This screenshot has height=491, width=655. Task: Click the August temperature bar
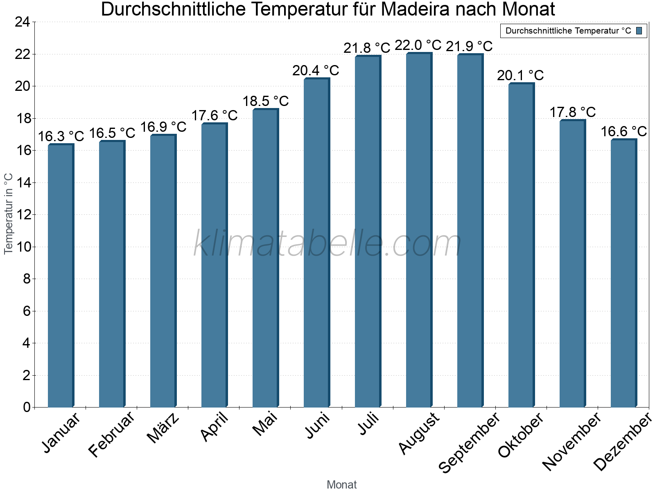pyautogui.click(x=419, y=230)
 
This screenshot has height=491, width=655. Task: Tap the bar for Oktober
pyautogui.click(x=521, y=245)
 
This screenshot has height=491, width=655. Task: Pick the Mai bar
pyautogui.click(x=265, y=258)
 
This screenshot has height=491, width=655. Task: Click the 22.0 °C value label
pyautogui.click(x=418, y=45)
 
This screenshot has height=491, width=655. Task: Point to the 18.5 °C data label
pyautogui.click(x=266, y=101)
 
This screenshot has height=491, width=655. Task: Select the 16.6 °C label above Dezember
pyautogui.click(x=623, y=132)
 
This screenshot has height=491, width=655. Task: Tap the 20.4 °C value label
pyautogui.click(x=316, y=71)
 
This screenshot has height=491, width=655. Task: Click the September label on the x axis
pyautogui.click(x=469, y=442)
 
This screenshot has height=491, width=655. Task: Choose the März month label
pyautogui.click(x=163, y=428)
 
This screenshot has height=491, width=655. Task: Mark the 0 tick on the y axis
pyautogui.click(x=27, y=407)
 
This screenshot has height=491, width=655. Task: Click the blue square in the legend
pyautogui.click(x=639, y=31)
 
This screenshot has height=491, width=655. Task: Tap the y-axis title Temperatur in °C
pyautogui.click(x=8, y=214)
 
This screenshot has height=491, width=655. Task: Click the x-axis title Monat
pyautogui.click(x=342, y=485)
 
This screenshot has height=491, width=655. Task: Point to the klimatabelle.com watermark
pyautogui.click(x=327, y=243)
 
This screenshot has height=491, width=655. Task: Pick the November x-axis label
pyautogui.click(x=571, y=441)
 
